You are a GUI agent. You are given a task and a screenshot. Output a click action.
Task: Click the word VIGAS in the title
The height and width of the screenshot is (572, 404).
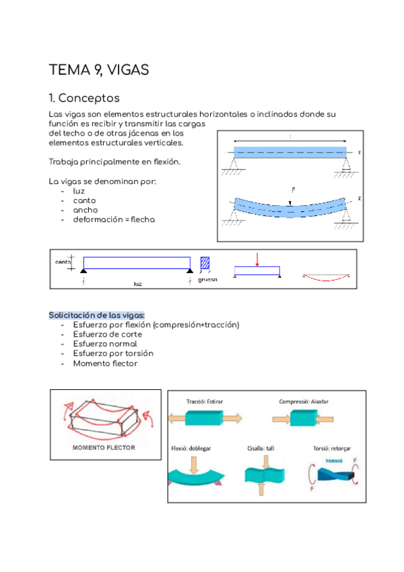[x=126, y=70]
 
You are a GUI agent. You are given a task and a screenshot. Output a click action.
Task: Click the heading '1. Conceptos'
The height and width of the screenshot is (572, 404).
[x=84, y=98]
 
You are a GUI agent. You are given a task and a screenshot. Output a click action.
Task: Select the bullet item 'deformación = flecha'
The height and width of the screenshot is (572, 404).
[x=114, y=219]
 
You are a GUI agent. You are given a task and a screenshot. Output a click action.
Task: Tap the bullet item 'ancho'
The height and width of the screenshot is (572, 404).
[x=85, y=210]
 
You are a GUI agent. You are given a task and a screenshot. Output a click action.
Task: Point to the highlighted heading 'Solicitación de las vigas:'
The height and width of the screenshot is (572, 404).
[x=97, y=315]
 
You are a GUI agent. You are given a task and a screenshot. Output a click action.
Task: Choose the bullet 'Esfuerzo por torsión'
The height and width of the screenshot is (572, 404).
[x=112, y=353]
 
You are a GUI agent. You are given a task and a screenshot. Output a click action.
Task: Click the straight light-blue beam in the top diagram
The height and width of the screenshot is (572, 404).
[x=290, y=152]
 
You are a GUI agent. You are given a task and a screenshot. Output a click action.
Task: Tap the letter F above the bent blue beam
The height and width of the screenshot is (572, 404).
[x=293, y=191]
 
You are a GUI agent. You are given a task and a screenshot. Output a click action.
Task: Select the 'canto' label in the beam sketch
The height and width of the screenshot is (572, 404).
[x=63, y=262]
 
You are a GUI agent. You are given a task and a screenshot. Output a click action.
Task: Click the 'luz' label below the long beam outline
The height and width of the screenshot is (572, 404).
[x=137, y=284]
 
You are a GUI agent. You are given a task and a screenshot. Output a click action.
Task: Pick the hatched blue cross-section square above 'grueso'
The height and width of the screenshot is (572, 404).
[x=205, y=262]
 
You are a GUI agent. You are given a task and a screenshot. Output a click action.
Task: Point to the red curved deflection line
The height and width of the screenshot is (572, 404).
[x=325, y=277]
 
